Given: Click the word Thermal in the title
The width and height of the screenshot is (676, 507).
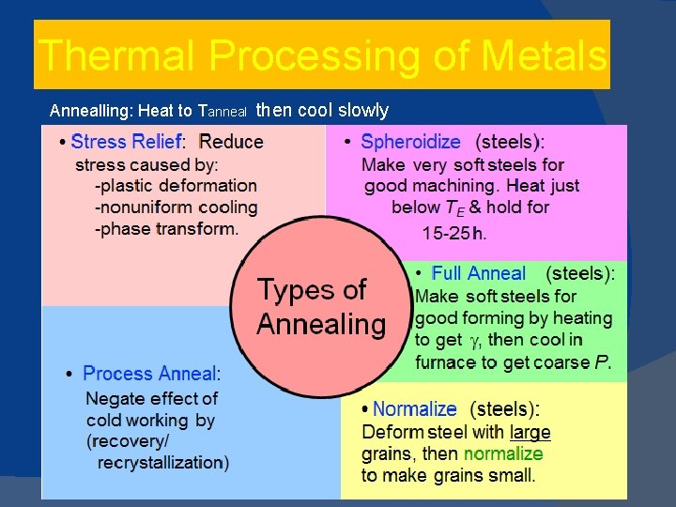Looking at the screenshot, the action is [x=117, y=55].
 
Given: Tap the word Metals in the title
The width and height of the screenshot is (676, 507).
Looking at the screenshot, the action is [x=544, y=55].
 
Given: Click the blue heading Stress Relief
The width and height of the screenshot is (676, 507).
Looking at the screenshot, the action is [x=125, y=142].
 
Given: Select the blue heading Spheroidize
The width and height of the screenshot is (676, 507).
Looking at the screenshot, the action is [x=410, y=143].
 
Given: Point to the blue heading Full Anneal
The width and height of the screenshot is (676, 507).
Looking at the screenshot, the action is [x=478, y=274].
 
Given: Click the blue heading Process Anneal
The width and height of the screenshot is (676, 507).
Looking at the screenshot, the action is [x=149, y=374].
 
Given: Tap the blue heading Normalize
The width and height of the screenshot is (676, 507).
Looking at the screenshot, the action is [x=414, y=409].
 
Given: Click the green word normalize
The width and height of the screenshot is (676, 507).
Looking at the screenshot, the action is [x=502, y=453].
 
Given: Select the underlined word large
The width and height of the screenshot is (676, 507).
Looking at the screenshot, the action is [x=530, y=432].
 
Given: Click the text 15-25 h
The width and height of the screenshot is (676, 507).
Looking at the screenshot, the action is [x=454, y=233].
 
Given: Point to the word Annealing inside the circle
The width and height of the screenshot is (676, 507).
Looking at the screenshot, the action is [x=321, y=325].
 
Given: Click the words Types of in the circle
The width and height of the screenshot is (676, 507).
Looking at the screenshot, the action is [x=312, y=289].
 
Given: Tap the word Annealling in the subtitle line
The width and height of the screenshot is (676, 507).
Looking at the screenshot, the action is [x=90, y=111].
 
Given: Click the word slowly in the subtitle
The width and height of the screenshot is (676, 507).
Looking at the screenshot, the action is [x=363, y=110].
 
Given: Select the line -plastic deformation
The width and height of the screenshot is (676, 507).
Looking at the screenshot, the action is [x=176, y=185].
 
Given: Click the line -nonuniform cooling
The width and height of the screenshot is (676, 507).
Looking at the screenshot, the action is [x=176, y=207].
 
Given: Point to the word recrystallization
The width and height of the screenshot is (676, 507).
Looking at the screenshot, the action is [x=162, y=462].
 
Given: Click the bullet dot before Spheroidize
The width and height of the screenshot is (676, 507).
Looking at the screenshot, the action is [x=346, y=143].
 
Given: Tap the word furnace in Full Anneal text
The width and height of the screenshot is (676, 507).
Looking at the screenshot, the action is [x=445, y=362].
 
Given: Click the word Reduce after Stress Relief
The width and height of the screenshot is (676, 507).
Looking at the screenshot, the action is [x=231, y=142].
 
